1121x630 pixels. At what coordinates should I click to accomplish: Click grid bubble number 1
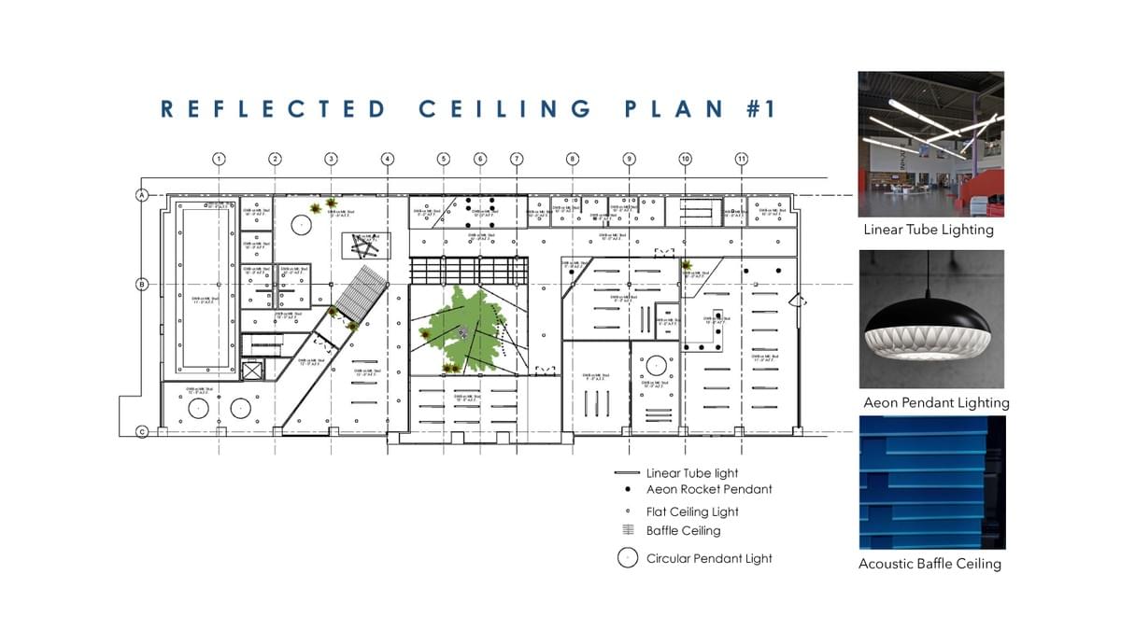[219, 159]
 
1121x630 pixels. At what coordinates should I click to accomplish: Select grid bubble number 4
[387, 159]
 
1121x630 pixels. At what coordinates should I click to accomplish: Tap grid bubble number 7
[517, 159]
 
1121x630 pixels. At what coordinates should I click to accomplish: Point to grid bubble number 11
[742, 159]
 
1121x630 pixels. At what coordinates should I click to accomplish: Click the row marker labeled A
[143, 195]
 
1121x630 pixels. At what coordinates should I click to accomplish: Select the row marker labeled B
[143, 284]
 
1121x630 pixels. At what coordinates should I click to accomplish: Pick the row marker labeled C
[143, 431]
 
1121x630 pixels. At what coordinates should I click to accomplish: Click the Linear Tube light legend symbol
[626, 473]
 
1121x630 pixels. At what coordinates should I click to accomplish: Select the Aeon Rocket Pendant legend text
[709, 489]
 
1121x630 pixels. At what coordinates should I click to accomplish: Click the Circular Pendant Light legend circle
[627, 559]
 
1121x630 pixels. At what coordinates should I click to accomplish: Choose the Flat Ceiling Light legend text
[692, 511]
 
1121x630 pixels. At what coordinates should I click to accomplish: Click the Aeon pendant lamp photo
[931, 318]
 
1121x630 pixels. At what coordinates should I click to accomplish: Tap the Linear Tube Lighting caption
[929, 230]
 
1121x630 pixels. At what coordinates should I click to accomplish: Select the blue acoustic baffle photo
[931, 483]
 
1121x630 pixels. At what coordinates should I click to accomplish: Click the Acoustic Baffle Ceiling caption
[929, 564]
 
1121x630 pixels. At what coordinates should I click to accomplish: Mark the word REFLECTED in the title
[273, 109]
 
